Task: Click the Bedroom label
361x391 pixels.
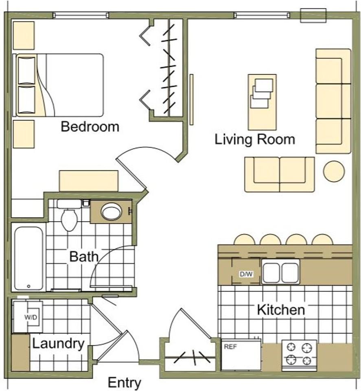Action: pos(90,127)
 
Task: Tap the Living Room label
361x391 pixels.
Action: pos(255,140)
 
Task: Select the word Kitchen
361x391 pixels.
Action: pos(281,310)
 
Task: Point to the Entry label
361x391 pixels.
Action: pos(124,383)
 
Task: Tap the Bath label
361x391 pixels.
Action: pos(84,257)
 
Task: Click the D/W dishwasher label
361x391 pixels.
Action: pos(246,275)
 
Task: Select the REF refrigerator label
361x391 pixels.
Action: pos(230,347)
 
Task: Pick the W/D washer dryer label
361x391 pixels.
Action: pos(31,317)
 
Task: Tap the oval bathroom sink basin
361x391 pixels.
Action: pos(111,212)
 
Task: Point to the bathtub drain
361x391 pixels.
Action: pos(28,286)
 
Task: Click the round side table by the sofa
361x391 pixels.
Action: pos(334,171)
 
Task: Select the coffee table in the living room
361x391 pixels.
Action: pos(262,102)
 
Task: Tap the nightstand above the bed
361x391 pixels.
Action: pos(24,35)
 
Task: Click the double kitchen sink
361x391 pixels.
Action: pos(281,272)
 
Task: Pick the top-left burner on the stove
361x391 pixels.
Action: pos(291,347)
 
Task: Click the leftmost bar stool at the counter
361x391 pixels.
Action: pos(245,239)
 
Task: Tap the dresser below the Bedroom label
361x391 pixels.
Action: pos(88,181)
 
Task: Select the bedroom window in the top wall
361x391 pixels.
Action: pos(81,15)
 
